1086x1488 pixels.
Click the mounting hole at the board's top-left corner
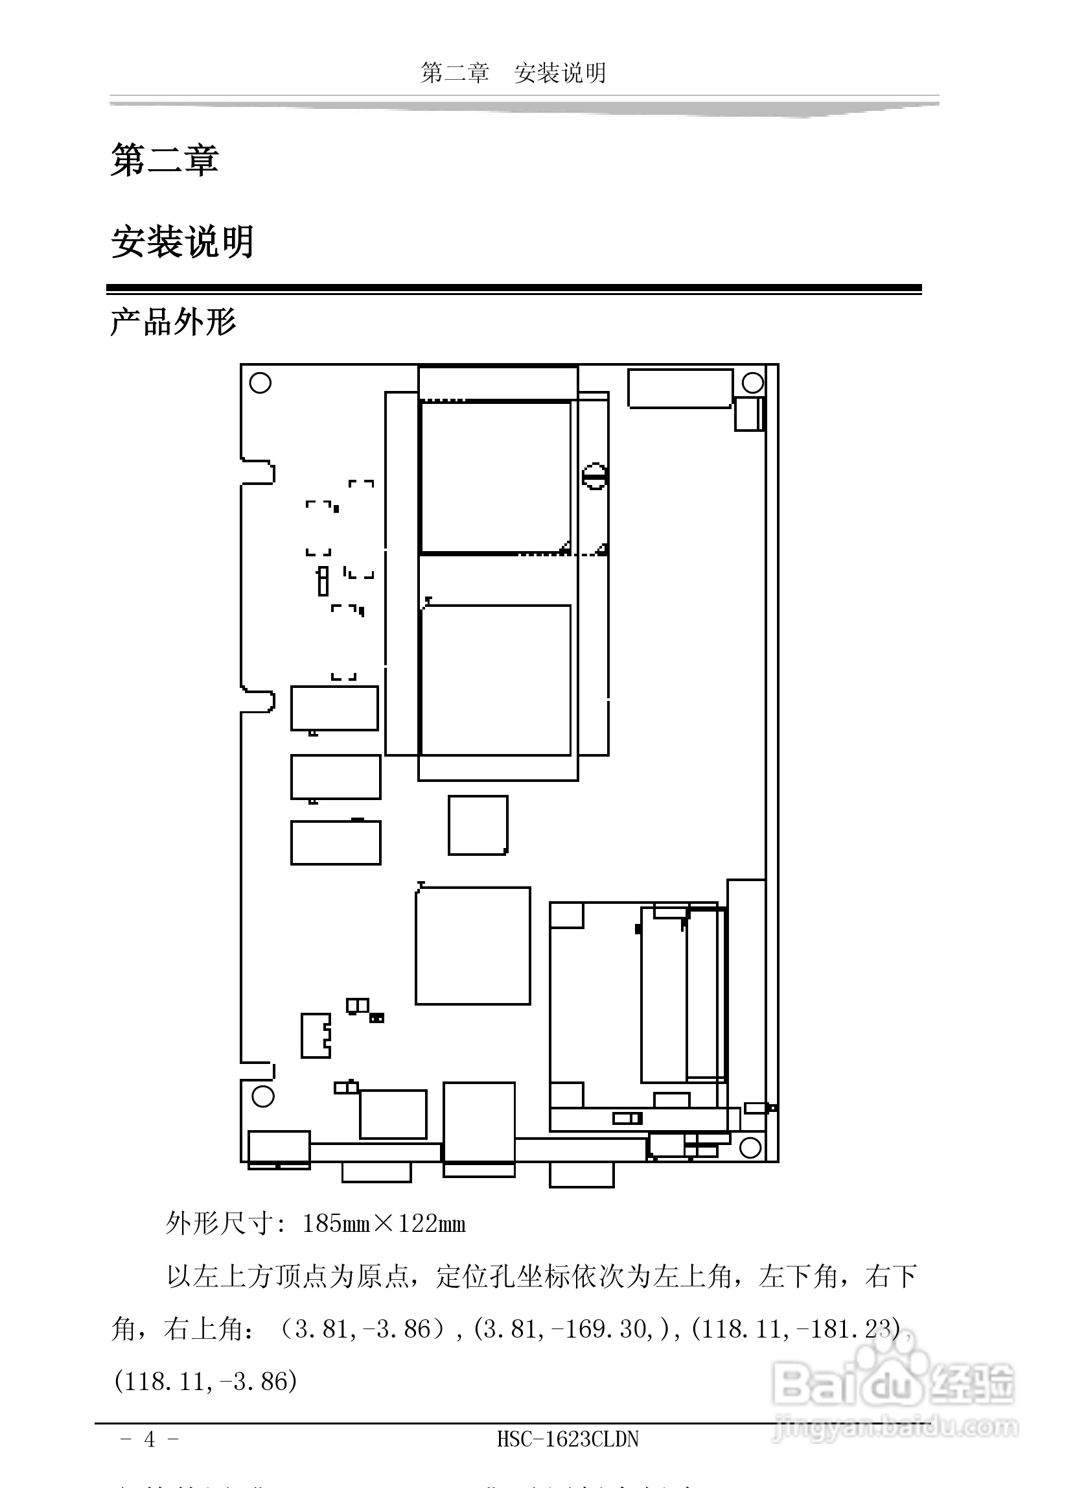click(x=260, y=383)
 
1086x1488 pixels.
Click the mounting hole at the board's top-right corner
click(x=752, y=383)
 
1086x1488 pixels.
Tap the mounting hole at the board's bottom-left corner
click(x=263, y=1096)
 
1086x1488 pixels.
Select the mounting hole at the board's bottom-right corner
click(x=750, y=1148)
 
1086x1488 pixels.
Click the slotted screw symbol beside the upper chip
click(x=595, y=477)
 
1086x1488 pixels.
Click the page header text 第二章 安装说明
click(x=513, y=73)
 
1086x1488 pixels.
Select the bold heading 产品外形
click(x=173, y=322)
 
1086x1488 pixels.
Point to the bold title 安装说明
click(x=182, y=241)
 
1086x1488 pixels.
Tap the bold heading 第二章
click(x=165, y=160)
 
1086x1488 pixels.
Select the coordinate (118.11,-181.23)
click(x=796, y=1329)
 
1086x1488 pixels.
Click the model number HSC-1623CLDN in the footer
click(x=568, y=1439)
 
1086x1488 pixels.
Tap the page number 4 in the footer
click(x=149, y=1439)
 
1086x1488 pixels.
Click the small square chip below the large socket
click(x=478, y=825)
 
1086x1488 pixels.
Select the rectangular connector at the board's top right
click(x=680, y=388)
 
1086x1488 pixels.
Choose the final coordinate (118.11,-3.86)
click(x=206, y=1382)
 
